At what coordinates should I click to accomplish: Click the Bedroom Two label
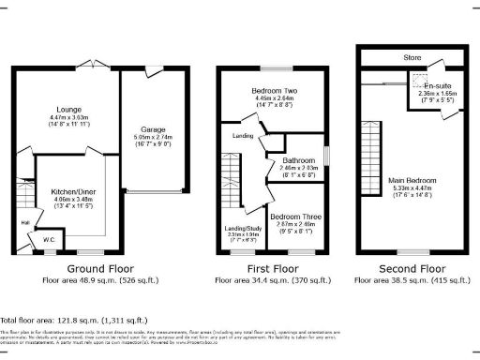coord(274,91)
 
